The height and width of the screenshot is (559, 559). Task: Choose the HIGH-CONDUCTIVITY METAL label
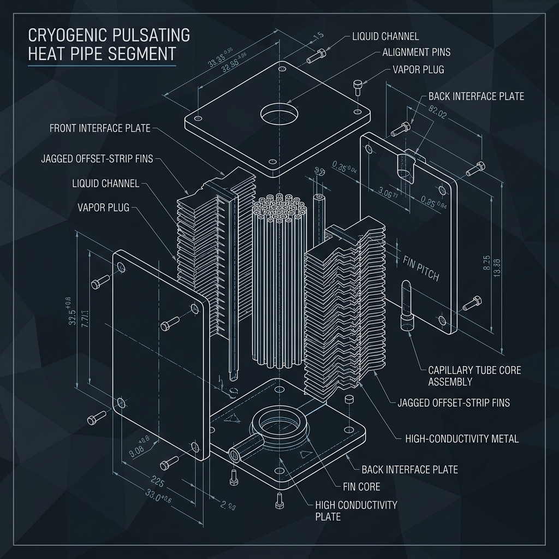(462, 438)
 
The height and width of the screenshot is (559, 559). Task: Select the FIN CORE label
(361, 486)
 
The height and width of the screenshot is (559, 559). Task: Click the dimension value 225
(157, 482)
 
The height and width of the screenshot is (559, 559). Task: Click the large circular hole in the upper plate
(279, 115)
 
